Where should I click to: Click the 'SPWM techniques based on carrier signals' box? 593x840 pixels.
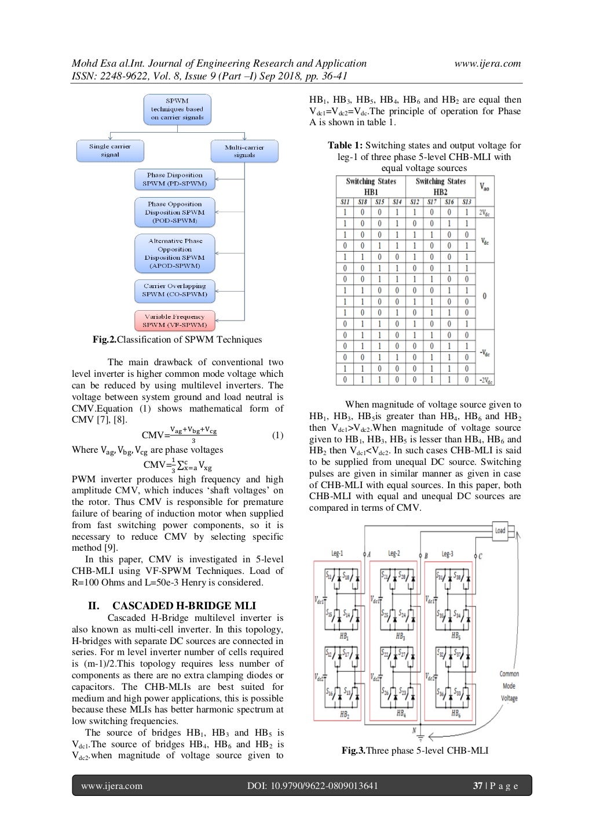pos(177,109)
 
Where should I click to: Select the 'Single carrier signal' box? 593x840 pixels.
pos(110,151)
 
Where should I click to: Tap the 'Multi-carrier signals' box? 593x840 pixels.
pos(244,151)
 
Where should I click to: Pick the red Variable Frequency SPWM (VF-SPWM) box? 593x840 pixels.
pos(174,321)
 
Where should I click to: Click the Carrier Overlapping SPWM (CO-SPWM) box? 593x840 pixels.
pos(174,290)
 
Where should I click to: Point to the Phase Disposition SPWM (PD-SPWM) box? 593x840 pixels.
pos(174,179)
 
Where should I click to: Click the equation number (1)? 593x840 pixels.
pos(277,435)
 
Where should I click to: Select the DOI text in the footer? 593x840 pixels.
pos(312,786)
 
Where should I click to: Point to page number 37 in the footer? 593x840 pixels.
pos(478,786)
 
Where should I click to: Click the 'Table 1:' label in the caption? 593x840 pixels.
pos(345,146)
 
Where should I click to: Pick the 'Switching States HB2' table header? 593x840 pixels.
pos(440,187)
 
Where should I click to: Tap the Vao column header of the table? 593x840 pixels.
pos(484,186)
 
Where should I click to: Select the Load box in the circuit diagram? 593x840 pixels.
pos(500,530)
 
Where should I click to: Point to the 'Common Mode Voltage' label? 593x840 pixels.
pos(510,686)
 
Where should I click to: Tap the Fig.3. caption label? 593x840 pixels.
pos(353,751)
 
